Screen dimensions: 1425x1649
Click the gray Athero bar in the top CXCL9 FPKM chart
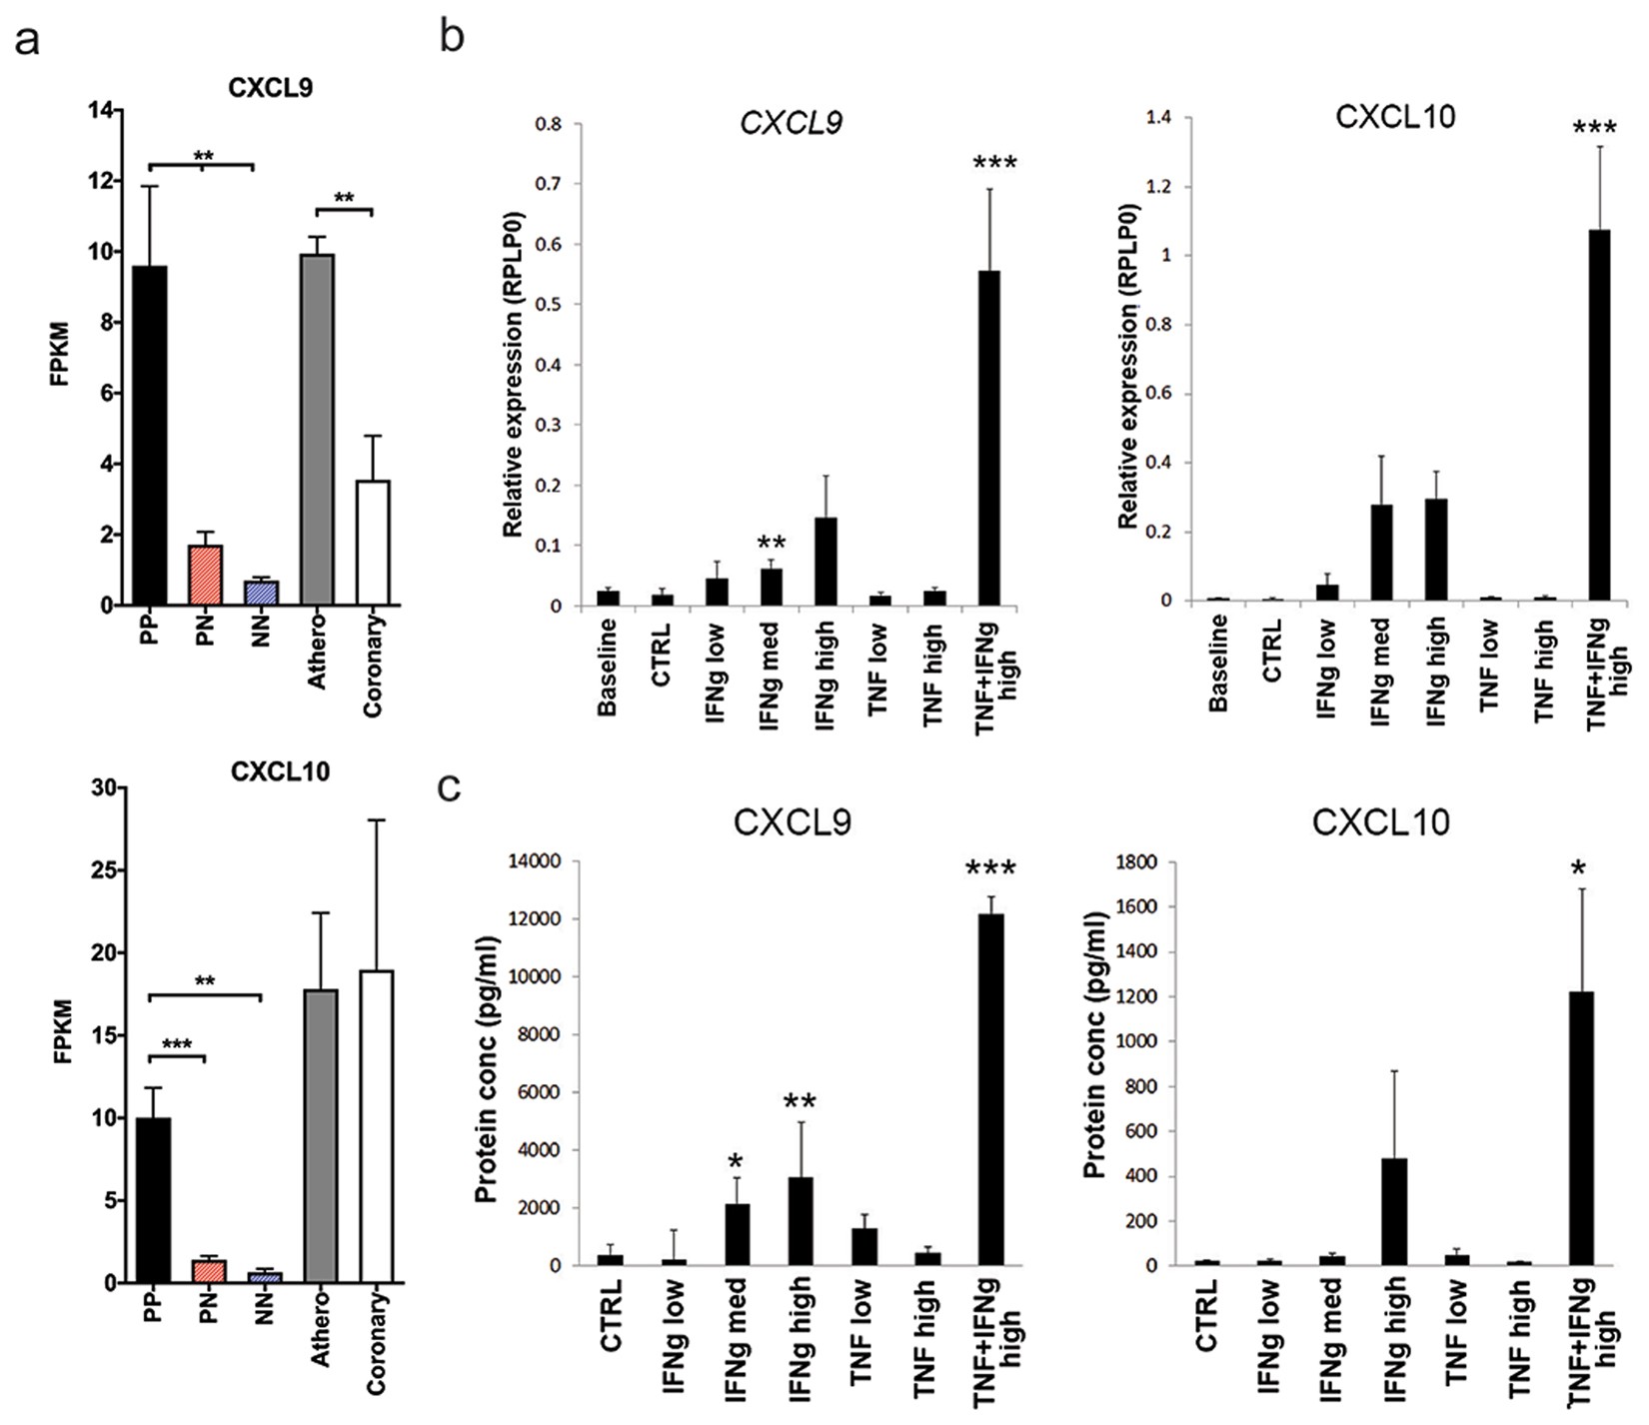(317, 430)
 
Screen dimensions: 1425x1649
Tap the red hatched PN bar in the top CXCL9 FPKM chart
(206, 575)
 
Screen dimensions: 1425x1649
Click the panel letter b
(452, 37)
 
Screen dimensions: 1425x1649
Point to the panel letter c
(450, 787)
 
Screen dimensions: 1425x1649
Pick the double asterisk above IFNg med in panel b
(772, 544)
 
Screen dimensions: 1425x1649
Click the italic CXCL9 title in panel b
(791, 122)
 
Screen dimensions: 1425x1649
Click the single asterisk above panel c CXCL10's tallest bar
(1579, 868)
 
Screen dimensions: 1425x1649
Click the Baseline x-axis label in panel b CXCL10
(1217, 662)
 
